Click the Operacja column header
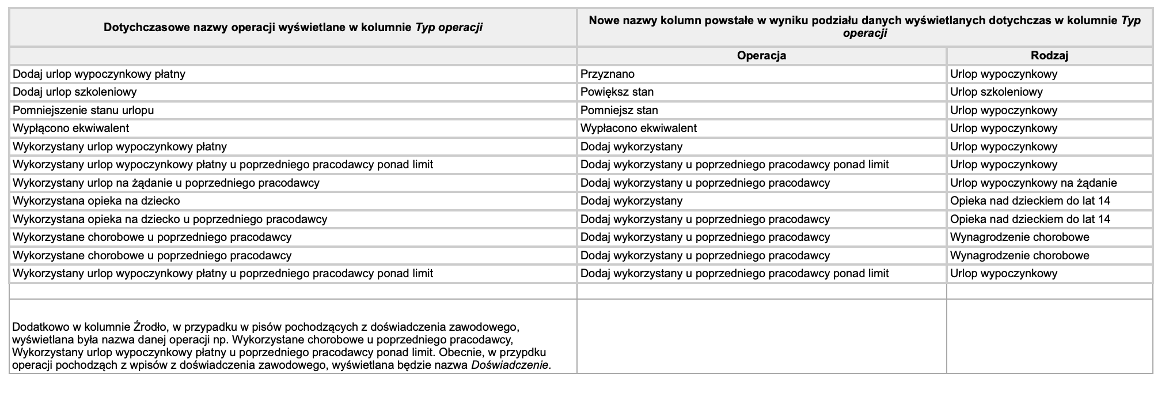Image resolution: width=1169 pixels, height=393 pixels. pos(761,56)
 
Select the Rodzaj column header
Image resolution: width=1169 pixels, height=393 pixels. pos(1049,56)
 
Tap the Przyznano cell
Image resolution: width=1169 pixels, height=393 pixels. pos(608,74)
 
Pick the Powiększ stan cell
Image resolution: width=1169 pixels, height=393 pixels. pos(617,92)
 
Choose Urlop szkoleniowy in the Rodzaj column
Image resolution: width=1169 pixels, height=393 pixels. pos(996,92)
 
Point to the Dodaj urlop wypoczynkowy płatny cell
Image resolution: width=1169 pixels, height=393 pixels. pos(99,74)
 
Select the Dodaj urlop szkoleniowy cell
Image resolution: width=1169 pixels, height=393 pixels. pos(75,92)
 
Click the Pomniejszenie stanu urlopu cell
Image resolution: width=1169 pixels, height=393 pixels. pos(83,110)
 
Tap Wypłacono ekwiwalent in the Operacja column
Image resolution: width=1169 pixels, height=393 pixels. pos(639,129)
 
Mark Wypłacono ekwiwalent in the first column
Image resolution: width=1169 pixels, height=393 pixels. pos(71,129)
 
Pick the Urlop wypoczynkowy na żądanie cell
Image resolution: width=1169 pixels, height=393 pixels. pos(1034,183)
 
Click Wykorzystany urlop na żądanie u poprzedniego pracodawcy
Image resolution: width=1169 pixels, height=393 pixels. pos(166,183)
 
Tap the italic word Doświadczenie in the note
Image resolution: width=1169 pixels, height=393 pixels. pos(510,365)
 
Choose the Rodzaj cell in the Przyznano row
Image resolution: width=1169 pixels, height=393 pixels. pos(1004,74)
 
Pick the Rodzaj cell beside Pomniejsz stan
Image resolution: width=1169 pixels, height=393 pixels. pos(1004,110)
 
